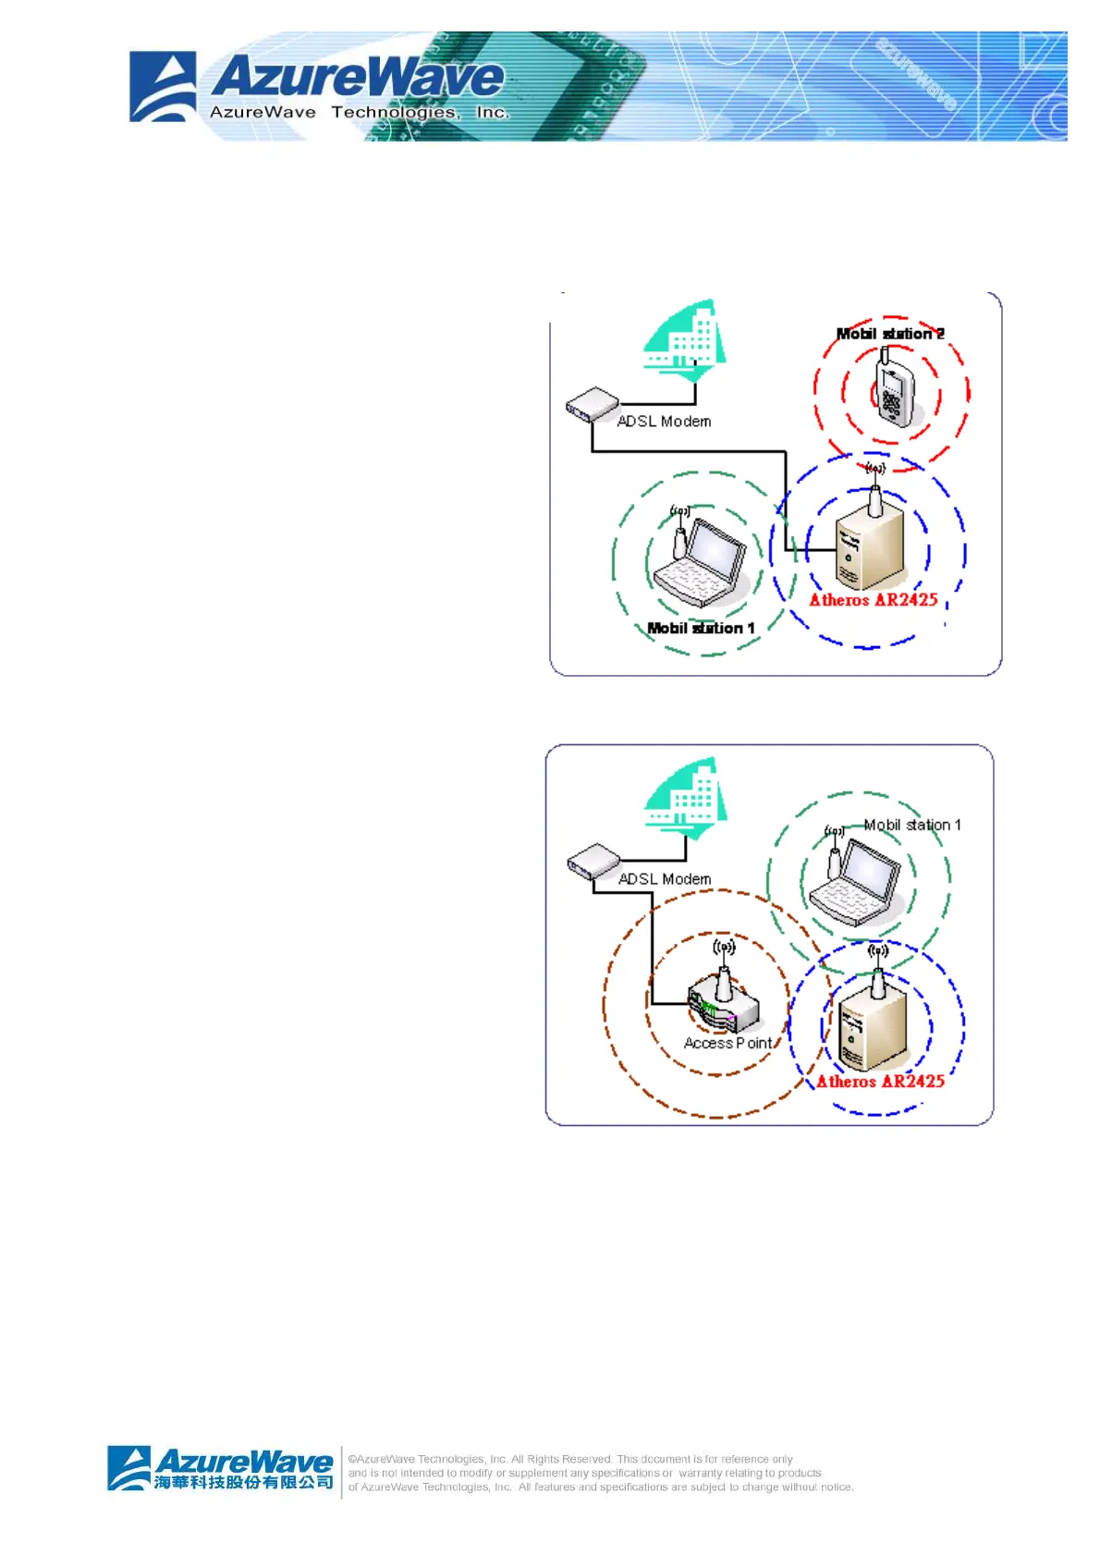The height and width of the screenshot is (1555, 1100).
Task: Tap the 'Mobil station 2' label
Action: (890, 334)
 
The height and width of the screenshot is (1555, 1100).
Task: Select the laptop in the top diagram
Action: (699, 562)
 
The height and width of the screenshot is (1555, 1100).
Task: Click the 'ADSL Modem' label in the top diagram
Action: (664, 422)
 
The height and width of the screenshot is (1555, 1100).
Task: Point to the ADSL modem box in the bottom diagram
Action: (593, 863)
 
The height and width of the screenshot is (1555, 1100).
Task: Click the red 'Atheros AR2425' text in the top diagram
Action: (874, 600)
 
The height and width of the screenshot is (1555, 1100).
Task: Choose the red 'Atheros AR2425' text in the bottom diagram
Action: (880, 1082)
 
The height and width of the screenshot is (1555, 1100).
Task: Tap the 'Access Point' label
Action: (727, 1043)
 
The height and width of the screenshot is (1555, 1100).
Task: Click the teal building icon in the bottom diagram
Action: (685, 798)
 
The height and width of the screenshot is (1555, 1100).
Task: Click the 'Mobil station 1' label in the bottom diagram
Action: (912, 825)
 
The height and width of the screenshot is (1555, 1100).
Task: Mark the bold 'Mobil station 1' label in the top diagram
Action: (701, 629)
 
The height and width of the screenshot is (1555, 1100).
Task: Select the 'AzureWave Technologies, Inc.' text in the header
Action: (359, 113)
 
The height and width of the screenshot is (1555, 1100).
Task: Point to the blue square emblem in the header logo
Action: (163, 87)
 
